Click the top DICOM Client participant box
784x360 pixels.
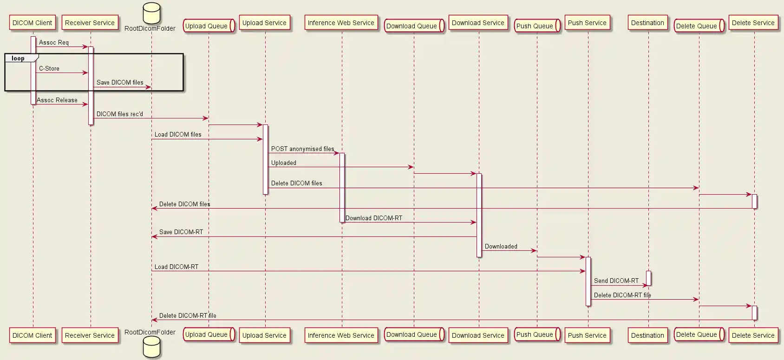(x=33, y=23)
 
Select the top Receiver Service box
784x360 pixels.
(x=90, y=23)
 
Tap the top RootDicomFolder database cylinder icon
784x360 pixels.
(x=151, y=13)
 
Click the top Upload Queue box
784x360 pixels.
(x=208, y=26)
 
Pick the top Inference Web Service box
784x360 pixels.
(x=341, y=23)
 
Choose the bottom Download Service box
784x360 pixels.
(x=478, y=335)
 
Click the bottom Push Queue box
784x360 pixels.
(x=536, y=334)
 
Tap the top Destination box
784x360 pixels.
(x=647, y=23)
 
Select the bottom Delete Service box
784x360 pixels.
(x=753, y=335)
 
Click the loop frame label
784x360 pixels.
(x=19, y=59)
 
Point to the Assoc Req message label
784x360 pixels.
(x=54, y=43)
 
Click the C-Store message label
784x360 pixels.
(x=49, y=69)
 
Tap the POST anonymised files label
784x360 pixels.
(x=302, y=149)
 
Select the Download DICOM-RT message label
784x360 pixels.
(x=374, y=218)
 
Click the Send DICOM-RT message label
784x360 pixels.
(x=616, y=281)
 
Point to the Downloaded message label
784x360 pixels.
(x=501, y=247)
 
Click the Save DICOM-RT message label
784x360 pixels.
(x=181, y=232)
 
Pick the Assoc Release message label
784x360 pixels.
(x=57, y=100)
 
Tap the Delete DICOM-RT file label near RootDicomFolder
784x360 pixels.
(x=188, y=316)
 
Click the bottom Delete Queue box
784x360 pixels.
(x=698, y=334)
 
